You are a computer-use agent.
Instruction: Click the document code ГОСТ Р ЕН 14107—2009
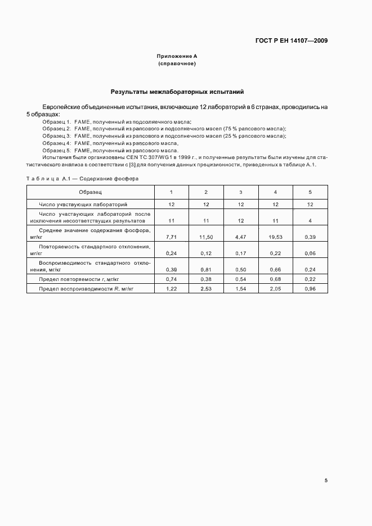click(x=292, y=40)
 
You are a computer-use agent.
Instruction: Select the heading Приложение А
click(x=177, y=57)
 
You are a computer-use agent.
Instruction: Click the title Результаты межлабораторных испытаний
click(x=177, y=91)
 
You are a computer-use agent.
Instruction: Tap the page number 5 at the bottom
click(x=326, y=480)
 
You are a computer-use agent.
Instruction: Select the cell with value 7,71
click(x=172, y=238)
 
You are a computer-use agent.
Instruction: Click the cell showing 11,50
click(x=206, y=238)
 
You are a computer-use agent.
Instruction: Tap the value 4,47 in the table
click(x=241, y=238)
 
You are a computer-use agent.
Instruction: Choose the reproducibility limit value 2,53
click(x=206, y=288)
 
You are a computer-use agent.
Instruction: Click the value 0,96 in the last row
click(x=310, y=288)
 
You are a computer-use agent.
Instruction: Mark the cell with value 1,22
click(x=172, y=288)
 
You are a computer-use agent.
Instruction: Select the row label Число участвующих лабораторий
click(x=83, y=204)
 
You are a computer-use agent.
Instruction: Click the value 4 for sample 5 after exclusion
click(x=310, y=221)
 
